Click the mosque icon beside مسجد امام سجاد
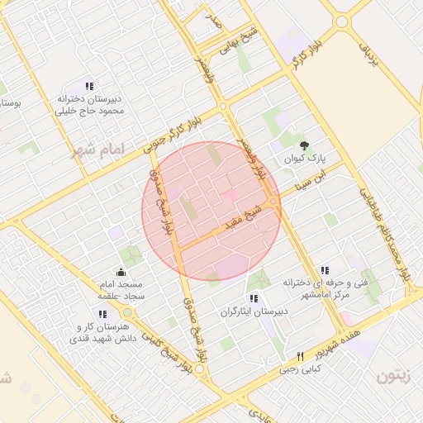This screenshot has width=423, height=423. [121, 272]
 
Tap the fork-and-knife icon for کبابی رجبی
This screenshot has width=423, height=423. [300, 357]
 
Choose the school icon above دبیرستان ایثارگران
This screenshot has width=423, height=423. [253, 298]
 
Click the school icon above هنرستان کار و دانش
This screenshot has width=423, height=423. [102, 314]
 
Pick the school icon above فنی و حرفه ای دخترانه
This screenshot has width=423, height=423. [326, 270]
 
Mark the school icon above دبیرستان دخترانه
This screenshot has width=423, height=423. [89, 85]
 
